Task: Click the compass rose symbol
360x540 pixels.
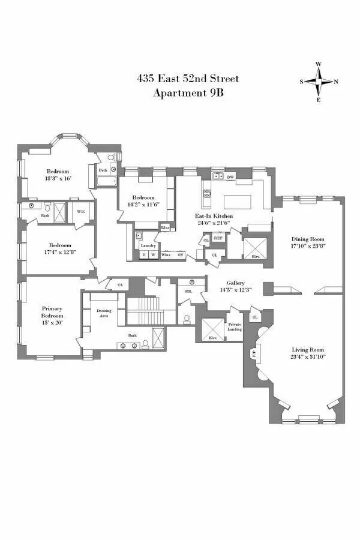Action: pos(319,82)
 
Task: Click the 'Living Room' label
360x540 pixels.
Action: pos(307,350)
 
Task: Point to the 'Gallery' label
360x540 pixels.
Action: pos(235,283)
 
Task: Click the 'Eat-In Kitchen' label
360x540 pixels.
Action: pos(214,215)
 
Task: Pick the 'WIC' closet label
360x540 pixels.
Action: pos(80,211)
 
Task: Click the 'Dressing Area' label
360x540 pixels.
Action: pos(104,313)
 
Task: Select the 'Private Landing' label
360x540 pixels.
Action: pos(234,327)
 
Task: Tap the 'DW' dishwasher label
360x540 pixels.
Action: pos(230,177)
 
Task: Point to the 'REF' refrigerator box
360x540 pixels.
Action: pos(218,238)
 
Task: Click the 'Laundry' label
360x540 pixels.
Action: pos(148,246)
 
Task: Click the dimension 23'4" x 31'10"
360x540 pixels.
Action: pos(307,358)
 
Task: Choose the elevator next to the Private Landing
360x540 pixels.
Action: pos(211,329)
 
